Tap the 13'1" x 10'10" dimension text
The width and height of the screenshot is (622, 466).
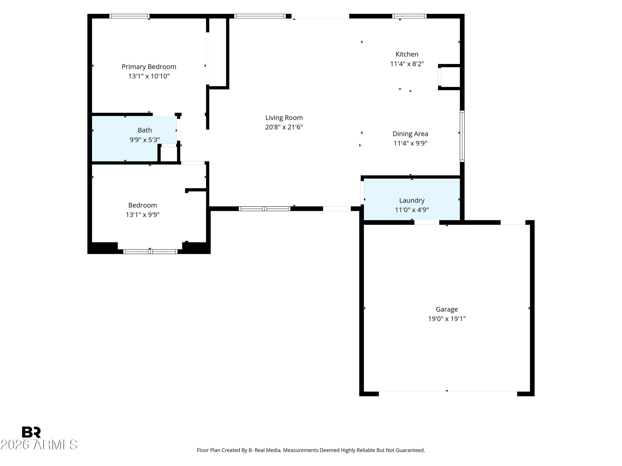(x=149, y=76)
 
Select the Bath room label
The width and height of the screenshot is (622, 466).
(x=145, y=130)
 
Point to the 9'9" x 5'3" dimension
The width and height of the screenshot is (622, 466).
(x=145, y=140)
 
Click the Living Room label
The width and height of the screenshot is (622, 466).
(x=284, y=118)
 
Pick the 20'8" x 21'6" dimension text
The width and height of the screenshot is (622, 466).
(x=284, y=127)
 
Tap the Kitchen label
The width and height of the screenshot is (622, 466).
(x=407, y=54)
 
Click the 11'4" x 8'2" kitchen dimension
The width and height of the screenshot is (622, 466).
(x=407, y=64)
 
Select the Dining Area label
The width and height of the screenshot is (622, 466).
(x=410, y=134)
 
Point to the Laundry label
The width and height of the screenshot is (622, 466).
(x=412, y=200)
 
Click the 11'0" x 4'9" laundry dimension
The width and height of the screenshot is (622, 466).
(x=412, y=210)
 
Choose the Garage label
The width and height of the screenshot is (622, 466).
(x=447, y=309)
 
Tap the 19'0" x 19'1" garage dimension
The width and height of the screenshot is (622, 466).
(x=447, y=319)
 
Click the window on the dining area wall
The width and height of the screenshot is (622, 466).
(x=462, y=136)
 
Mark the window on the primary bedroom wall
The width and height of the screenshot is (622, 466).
(x=129, y=16)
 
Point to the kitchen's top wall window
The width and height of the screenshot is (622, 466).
(x=409, y=16)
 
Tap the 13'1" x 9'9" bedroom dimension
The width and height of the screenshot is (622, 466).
(x=143, y=215)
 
